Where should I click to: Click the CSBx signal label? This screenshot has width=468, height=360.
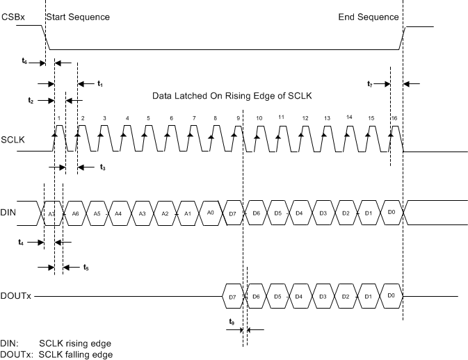pyautogui.click(x=13, y=16)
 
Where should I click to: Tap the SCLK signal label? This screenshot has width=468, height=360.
pyautogui.click(x=13, y=140)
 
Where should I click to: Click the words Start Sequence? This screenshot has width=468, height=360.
pyautogui.click(x=78, y=16)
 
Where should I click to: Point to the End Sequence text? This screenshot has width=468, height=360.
pyautogui.click(x=369, y=16)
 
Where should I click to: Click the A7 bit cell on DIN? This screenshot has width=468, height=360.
pyautogui.click(x=53, y=213)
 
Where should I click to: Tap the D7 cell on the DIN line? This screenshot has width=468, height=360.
pyautogui.click(x=232, y=213)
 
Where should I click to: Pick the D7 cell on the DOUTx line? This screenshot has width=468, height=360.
pyautogui.click(x=232, y=296)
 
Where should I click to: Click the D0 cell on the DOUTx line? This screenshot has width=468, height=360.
pyautogui.click(x=392, y=296)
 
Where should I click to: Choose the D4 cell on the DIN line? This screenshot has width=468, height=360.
pyautogui.click(x=299, y=213)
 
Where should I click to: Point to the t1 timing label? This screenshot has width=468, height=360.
pyautogui.click(x=100, y=84)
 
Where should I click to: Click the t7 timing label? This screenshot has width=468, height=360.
pyautogui.click(x=370, y=84)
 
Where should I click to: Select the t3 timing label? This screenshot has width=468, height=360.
pyautogui.click(x=102, y=167)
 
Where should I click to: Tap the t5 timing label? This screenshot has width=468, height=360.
pyautogui.click(x=86, y=267)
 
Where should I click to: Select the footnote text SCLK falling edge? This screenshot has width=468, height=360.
pyautogui.click(x=75, y=354)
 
